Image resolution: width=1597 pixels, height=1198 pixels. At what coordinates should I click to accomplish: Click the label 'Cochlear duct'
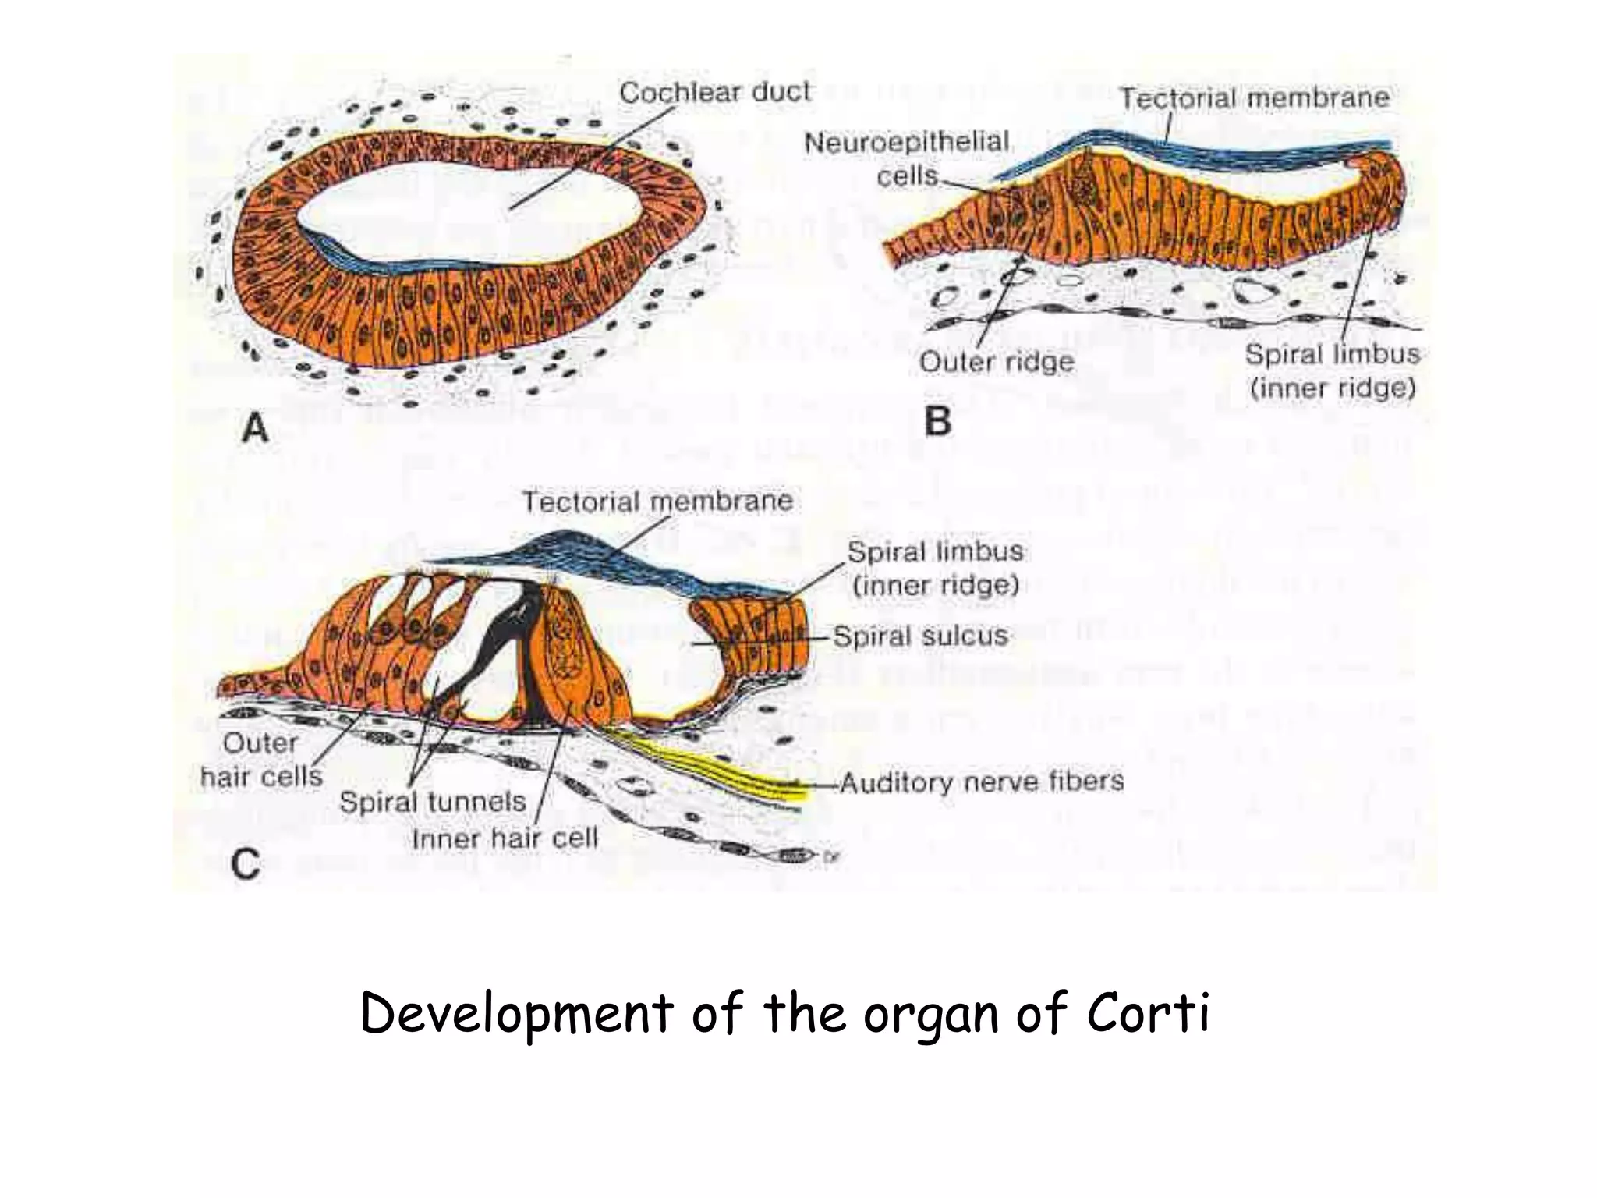(714, 93)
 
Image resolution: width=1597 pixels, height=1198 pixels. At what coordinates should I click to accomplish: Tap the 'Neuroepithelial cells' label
(907, 158)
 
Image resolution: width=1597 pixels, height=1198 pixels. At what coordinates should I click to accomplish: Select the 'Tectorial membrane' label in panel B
(1254, 98)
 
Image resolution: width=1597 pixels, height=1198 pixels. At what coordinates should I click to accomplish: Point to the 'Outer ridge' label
(996, 362)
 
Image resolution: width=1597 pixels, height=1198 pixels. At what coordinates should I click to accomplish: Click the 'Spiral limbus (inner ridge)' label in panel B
(1332, 371)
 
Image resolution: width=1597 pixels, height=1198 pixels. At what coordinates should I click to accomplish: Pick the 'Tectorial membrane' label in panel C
(657, 501)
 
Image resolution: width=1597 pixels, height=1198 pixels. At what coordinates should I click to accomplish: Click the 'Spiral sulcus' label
(920, 636)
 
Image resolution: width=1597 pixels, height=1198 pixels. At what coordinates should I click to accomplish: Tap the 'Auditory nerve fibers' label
(981, 781)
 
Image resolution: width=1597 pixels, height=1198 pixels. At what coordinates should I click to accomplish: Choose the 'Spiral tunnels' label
(432, 801)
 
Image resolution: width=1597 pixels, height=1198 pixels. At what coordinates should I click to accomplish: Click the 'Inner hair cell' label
(505, 838)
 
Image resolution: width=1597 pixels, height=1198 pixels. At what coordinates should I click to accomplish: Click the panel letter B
(937, 422)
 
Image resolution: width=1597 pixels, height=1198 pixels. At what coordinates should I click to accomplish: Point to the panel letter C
(246, 865)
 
